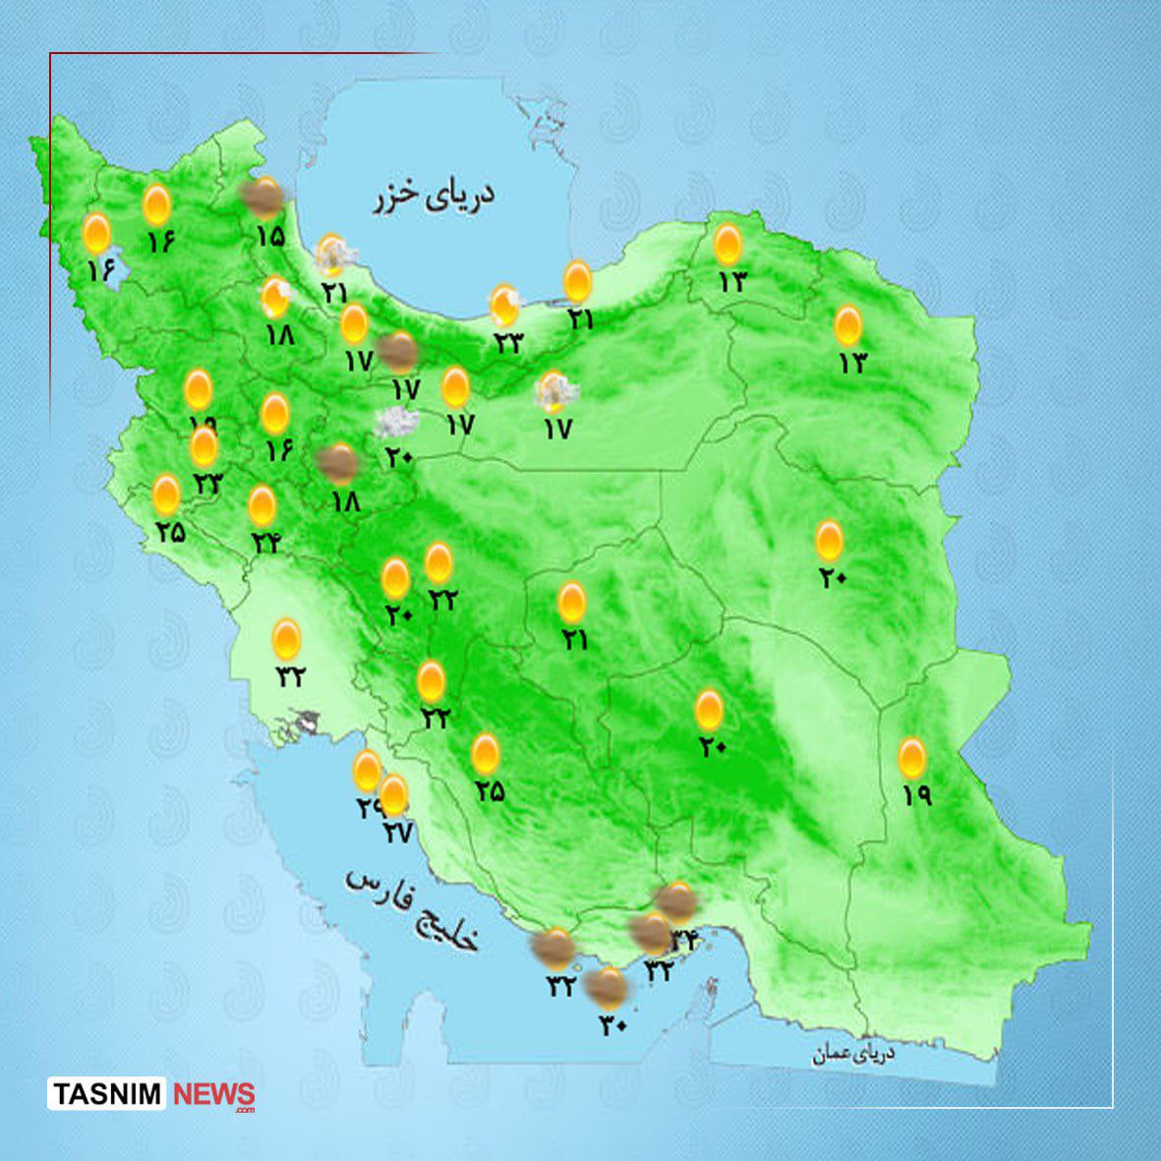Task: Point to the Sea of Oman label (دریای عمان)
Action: (x=853, y=1054)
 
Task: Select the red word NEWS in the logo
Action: (x=213, y=1094)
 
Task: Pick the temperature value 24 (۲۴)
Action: (x=264, y=541)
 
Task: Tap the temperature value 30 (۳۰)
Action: (x=612, y=1024)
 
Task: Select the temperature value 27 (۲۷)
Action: (x=396, y=833)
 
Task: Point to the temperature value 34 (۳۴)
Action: (x=682, y=940)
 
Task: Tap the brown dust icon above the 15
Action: (x=263, y=199)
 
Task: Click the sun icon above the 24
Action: (x=261, y=505)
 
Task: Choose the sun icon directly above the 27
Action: (x=393, y=794)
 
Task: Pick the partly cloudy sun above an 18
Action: (x=276, y=296)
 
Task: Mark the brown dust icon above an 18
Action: (x=339, y=462)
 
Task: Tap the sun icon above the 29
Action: (x=367, y=772)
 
